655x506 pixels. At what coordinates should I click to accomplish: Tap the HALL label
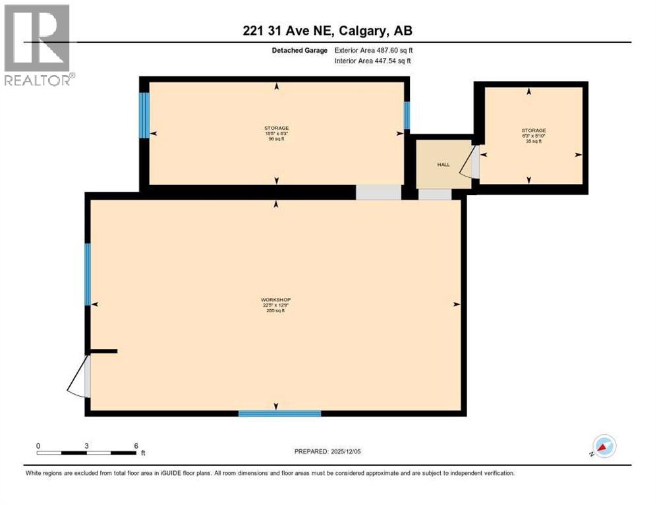[443, 164]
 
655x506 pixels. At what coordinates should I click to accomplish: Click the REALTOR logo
[38, 45]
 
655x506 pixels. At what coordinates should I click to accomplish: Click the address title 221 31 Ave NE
[327, 30]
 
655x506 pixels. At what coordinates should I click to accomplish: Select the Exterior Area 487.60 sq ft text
[374, 50]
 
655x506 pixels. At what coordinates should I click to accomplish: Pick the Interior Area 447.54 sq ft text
[372, 61]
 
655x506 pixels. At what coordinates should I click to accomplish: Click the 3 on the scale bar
[87, 445]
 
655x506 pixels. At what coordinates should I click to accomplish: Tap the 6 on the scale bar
[136, 445]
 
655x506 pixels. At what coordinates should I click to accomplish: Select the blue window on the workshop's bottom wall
[279, 414]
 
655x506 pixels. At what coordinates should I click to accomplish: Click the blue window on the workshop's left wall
[87, 274]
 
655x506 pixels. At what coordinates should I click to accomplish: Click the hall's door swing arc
[468, 163]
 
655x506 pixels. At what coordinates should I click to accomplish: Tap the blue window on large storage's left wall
[144, 115]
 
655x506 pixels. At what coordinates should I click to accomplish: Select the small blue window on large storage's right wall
[407, 115]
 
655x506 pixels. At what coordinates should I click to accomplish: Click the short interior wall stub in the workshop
[103, 351]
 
